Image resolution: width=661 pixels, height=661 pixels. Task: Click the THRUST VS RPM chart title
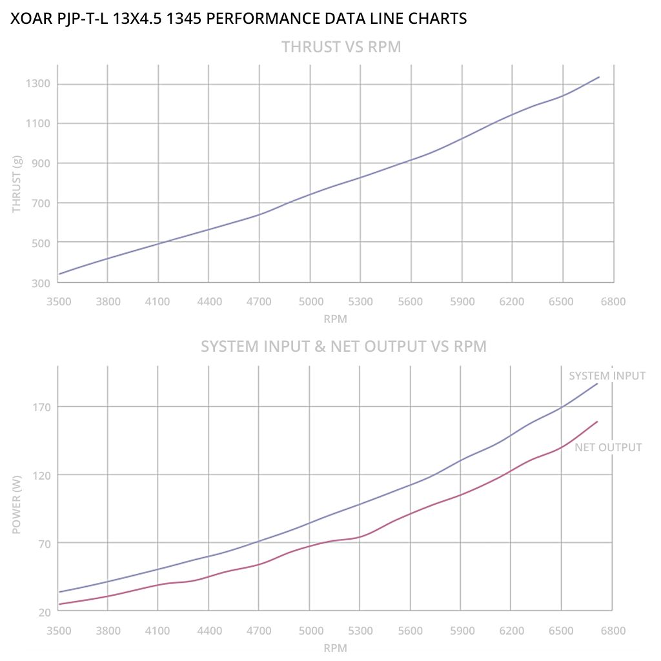coord(341,47)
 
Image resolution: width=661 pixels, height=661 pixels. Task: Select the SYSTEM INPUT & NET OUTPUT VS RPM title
coord(343,347)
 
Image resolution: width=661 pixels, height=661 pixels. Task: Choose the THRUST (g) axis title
coord(17,184)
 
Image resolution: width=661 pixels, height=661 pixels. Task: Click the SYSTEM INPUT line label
coord(607,376)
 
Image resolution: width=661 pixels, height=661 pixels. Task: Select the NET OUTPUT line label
coord(608,447)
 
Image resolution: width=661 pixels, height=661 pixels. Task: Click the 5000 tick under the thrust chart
coord(310,301)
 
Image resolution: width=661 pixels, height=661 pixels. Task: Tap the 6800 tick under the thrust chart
coord(613,301)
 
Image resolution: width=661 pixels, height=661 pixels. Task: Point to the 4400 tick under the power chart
coord(208,630)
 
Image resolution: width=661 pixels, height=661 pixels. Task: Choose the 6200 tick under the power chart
coord(511,630)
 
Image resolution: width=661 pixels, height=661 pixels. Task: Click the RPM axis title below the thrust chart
coord(336,319)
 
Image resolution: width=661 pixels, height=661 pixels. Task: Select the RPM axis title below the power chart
coord(336,647)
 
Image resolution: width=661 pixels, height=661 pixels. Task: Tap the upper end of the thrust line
coord(599,77)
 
